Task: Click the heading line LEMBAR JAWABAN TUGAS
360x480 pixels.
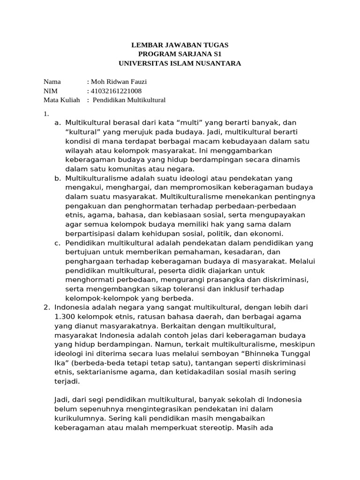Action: (180, 45)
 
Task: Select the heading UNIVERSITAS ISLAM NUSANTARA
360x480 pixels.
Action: (180, 63)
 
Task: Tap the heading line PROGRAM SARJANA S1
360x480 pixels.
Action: (180, 54)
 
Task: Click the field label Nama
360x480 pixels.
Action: (52, 82)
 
